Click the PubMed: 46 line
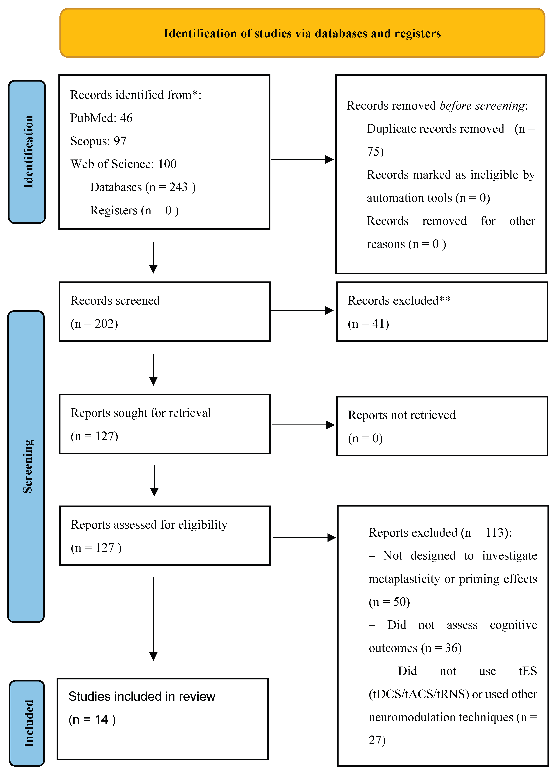[101, 118]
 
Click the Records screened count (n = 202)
[94, 324]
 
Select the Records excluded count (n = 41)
[368, 324]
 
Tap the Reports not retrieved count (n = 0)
[365, 438]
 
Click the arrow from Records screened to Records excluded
[302, 310]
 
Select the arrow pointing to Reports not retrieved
[303, 425]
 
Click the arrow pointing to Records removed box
[302, 159]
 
